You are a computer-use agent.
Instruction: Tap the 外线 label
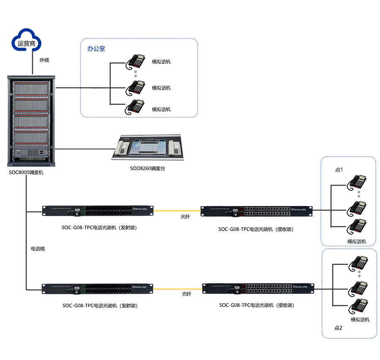44,60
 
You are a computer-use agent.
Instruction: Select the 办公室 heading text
96,49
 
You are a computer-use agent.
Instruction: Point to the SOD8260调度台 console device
148,147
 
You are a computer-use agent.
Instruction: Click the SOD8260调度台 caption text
147,168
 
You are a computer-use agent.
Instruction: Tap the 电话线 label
38,249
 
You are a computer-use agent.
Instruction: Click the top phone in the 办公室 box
135,62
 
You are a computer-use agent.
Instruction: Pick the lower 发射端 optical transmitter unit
98,289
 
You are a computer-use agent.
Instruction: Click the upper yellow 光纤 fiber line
177,209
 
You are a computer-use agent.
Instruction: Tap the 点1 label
339,170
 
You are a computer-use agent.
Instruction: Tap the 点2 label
339,328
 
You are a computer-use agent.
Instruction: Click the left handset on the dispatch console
122,147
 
